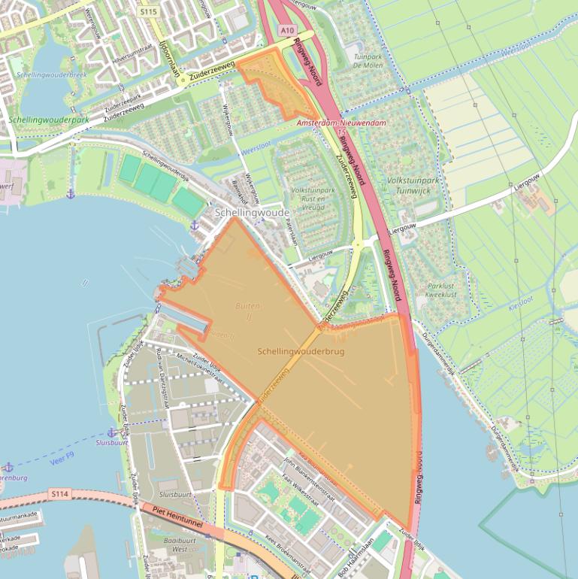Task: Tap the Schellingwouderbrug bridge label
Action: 300,352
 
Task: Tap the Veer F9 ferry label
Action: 64,456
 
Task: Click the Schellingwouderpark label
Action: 49,120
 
